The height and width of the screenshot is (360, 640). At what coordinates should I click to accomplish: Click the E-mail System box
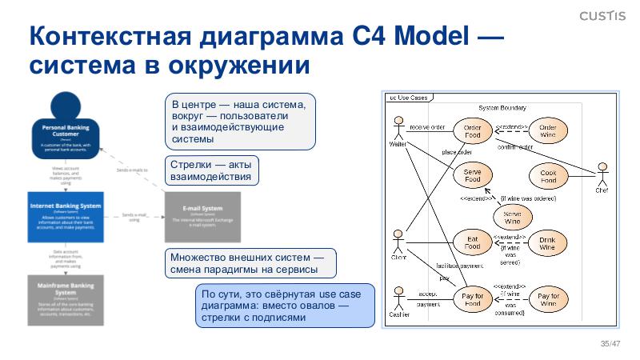(202, 217)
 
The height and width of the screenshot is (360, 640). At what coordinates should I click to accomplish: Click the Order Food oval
(473, 130)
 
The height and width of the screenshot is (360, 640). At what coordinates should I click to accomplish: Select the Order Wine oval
(548, 130)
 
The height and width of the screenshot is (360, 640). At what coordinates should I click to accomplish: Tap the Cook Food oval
(548, 175)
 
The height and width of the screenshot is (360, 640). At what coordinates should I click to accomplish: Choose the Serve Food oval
(473, 175)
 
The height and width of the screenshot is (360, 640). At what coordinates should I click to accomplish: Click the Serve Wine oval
(511, 217)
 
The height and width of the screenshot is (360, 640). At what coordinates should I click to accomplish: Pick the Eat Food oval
(473, 242)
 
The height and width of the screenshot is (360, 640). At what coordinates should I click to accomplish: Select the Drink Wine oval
(548, 243)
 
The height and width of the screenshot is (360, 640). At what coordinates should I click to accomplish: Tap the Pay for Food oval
(473, 300)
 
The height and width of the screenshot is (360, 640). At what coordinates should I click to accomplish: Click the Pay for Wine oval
(548, 300)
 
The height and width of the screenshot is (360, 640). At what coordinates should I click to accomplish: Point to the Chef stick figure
(602, 175)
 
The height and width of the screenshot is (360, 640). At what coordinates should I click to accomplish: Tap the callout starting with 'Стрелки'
(212, 170)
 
